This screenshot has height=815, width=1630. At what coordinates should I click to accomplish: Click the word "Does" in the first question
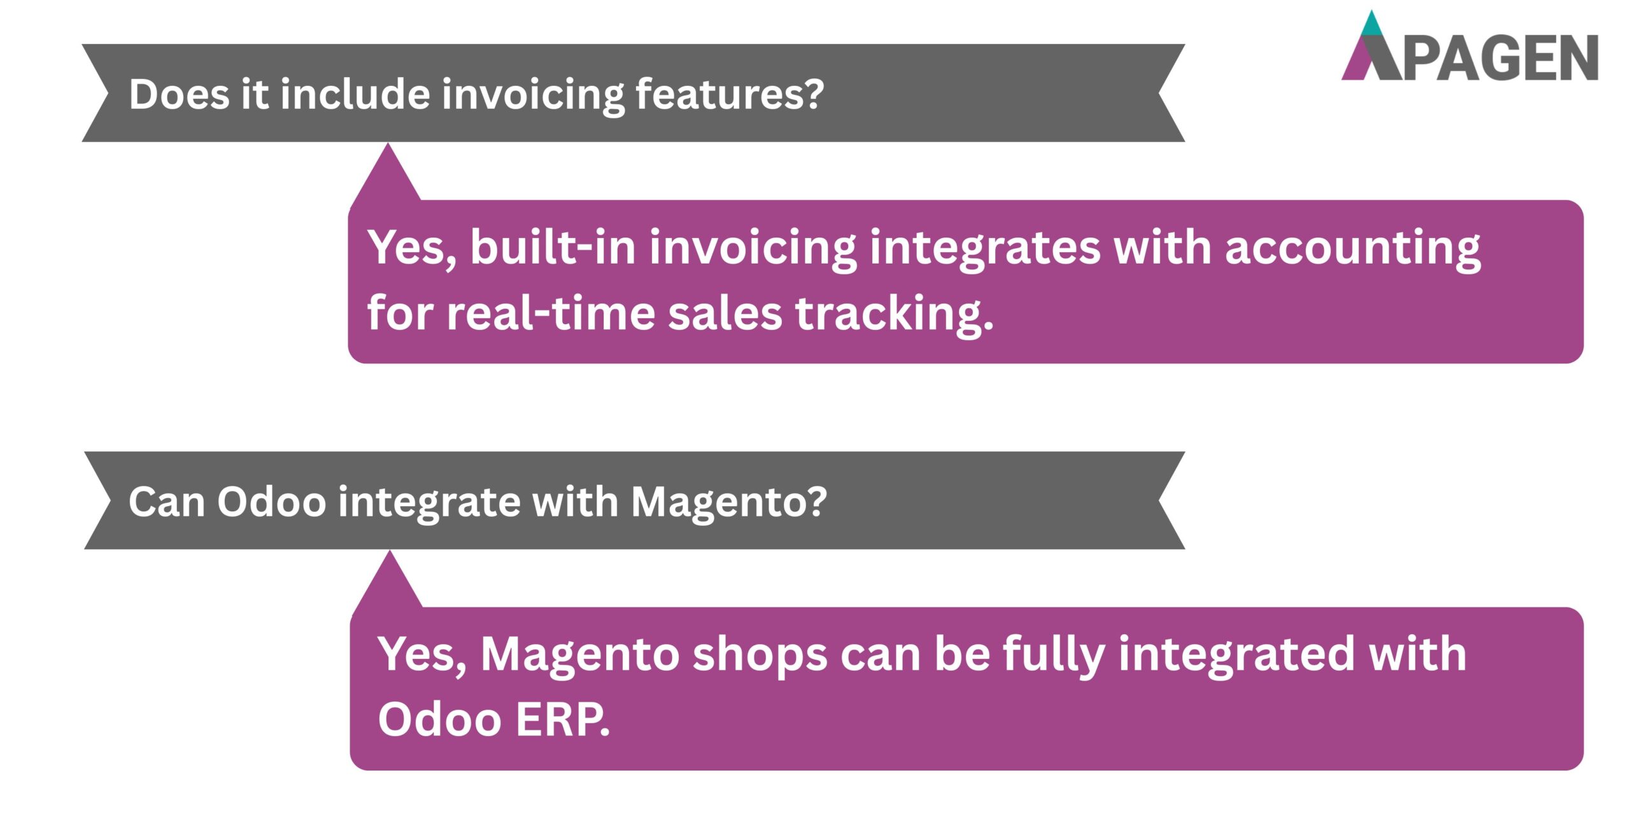[x=179, y=94]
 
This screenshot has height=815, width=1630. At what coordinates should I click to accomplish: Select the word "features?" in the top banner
[x=730, y=94]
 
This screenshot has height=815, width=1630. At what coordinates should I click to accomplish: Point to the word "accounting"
[x=1352, y=248]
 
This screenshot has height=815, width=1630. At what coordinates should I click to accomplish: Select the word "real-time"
[x=551, y=313]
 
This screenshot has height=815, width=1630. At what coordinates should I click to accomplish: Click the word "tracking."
[x=894, y=315]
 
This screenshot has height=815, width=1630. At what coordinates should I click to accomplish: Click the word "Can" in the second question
[x=166, y=502]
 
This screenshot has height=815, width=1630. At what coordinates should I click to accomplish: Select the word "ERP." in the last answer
[x=562, y=719]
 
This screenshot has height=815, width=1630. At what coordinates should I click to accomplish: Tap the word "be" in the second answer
[x=961, y=655]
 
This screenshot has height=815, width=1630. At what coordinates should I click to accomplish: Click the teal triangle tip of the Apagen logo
[x=1371, y=24]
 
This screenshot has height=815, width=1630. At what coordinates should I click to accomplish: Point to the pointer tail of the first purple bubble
[x=387, y=175]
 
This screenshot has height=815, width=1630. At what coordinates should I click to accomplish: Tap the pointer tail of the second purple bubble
[x=389, y=583]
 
